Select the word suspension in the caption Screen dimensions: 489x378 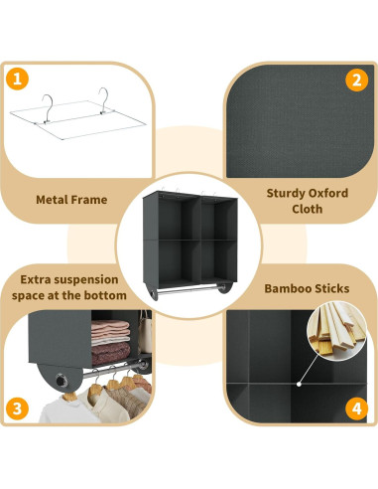pyautogui.click(x=89, y=279)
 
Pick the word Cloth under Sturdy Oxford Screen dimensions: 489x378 pyautogui.click(x=307, y=211)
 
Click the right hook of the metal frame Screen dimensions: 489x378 pyautogui.click(x=101, y=95)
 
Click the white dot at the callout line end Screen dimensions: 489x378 pyautogui.click(x=300, y=382)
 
